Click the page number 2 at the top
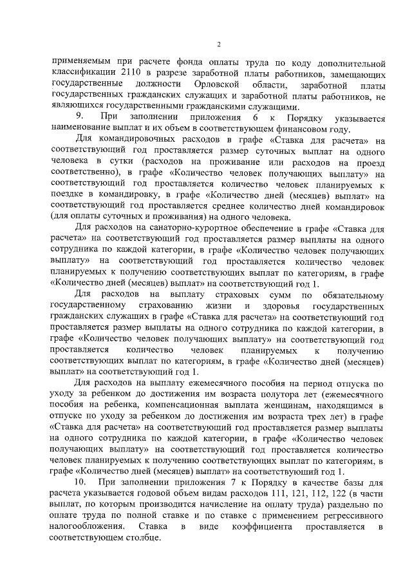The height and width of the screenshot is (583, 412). tap(218, 44)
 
